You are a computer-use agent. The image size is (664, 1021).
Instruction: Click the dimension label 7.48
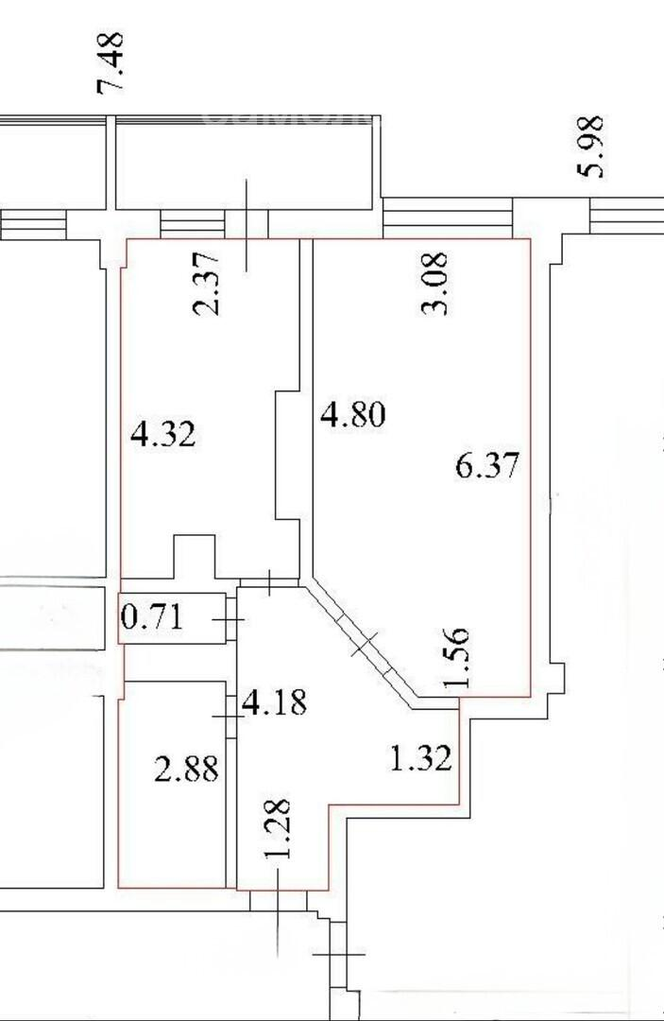tap(110, 63)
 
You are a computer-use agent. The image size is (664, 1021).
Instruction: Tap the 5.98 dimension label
tap(590, 147)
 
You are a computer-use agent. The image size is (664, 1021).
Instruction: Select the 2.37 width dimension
tap(208, 285)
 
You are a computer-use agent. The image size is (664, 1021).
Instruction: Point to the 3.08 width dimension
tap(435, 284)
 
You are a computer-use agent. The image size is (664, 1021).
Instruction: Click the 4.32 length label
tap(162, 434)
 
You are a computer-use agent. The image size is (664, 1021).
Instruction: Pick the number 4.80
tap(353, 415)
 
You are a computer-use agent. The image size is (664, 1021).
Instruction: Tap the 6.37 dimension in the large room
tap(487, 465)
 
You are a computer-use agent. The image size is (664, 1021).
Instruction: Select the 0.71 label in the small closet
tap(152, 616)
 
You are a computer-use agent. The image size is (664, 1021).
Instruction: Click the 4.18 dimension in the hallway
tap(274, 702)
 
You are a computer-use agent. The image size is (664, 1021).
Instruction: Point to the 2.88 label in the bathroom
tap(186, 769)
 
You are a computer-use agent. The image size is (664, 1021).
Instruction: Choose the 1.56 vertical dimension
tap(455, 658)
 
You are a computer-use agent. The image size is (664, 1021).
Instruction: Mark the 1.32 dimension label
tap(420, 758)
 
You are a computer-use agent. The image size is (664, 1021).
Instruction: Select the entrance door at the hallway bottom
tap(279, 900)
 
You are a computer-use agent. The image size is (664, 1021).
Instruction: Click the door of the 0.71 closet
tap(230, 619)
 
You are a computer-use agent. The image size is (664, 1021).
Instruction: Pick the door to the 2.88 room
tap(230, 717)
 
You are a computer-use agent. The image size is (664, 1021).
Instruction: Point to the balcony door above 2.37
tap(247, 225)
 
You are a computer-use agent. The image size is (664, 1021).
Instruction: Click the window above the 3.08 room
tap(448, 218)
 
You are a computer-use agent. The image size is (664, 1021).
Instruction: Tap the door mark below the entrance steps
tap(339, 955)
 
